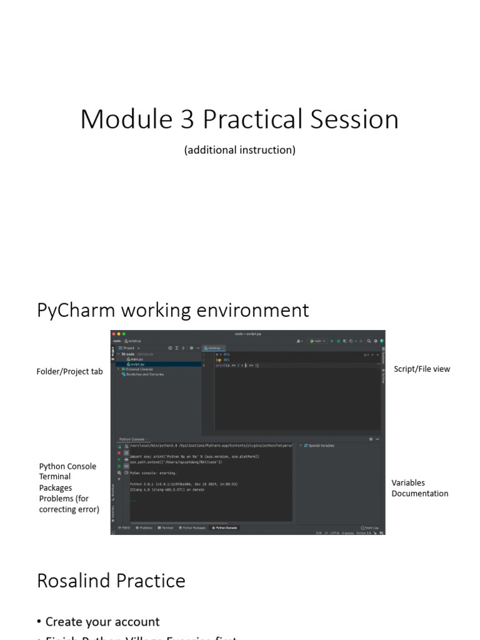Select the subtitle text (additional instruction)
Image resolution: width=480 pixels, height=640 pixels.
point(239,150)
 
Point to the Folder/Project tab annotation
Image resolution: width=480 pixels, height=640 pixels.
point(69,371)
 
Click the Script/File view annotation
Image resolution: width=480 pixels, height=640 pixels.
point(422,369)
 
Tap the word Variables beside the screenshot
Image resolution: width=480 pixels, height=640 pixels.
point(408,482)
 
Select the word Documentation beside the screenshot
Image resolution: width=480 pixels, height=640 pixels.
point(419,493)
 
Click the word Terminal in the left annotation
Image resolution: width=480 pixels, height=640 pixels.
point(55,476)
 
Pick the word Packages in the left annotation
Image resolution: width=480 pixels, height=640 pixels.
point(56,487)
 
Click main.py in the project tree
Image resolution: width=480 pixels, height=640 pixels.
point(137,359)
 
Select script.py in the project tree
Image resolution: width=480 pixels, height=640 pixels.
point(137,364)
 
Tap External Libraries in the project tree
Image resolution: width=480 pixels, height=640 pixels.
point(141,369)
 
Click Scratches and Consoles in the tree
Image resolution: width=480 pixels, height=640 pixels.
point(144,374)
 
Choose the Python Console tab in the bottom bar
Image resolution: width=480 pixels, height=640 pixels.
point(225,528)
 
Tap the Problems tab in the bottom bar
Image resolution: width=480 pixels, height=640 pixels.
point(144,528)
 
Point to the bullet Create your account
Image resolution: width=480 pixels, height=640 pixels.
point(102,622)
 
